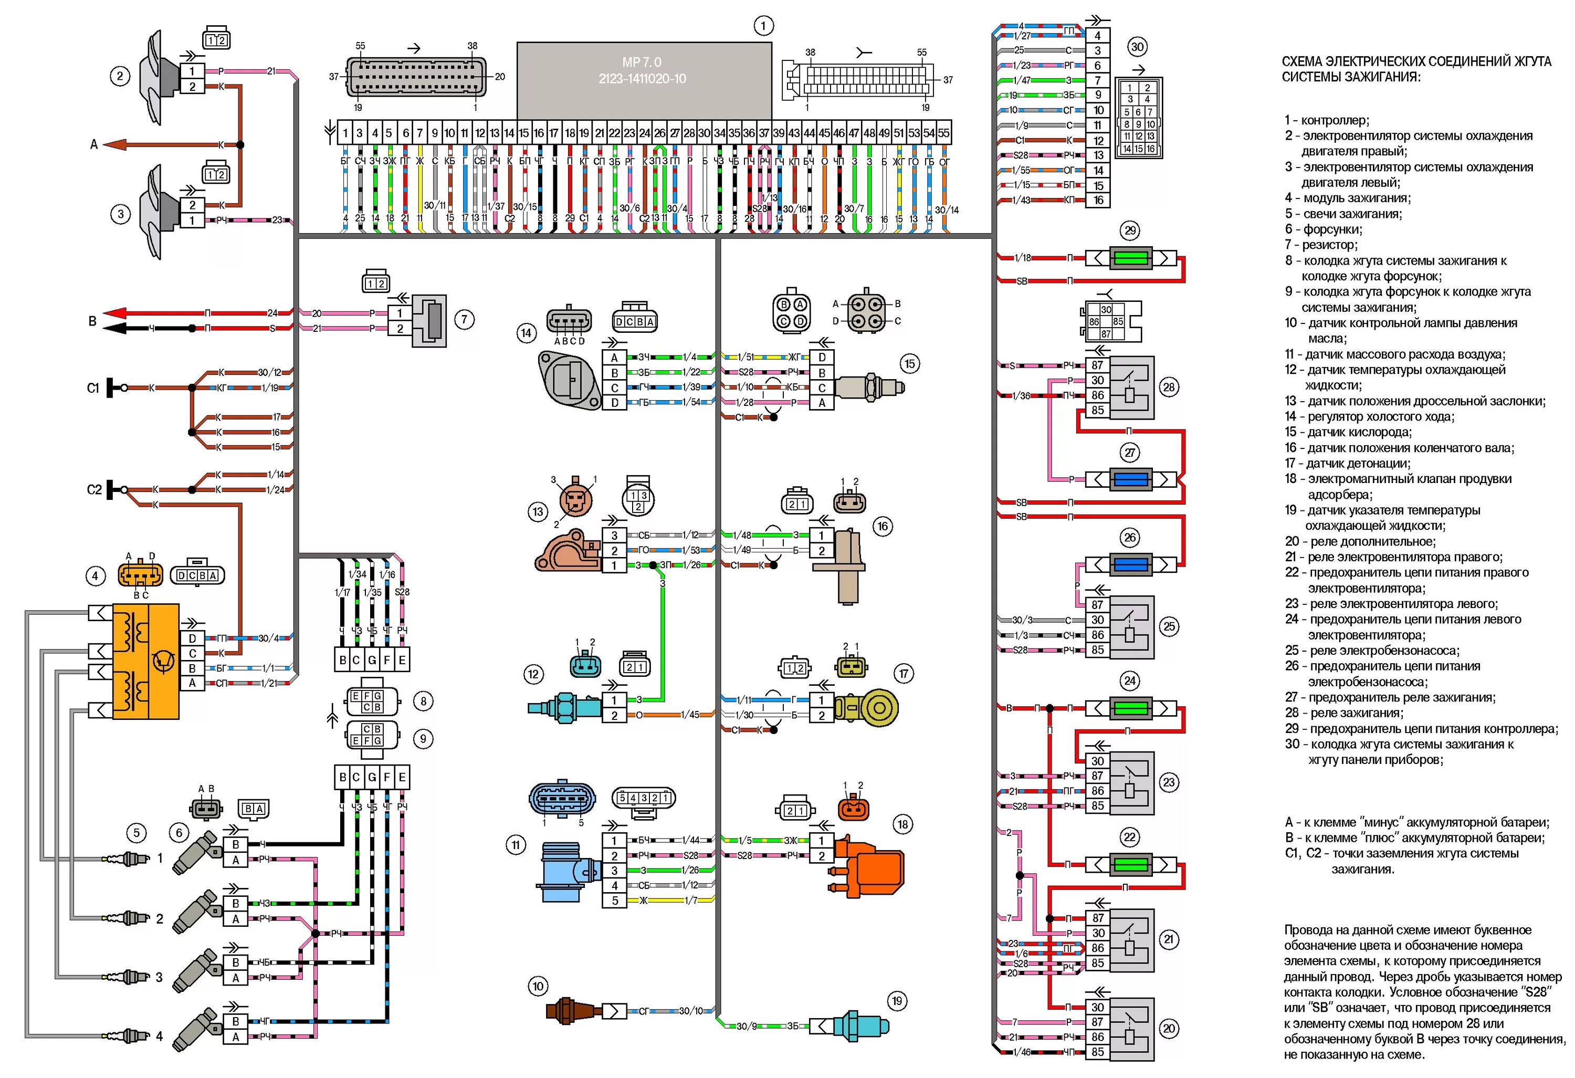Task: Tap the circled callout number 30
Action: (x=1137, y=47)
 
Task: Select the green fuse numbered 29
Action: (x=1130, y=258)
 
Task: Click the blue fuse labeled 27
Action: (x=1130, y=479)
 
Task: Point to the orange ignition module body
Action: (x=146, y=661)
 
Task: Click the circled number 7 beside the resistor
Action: (x=464, y=319)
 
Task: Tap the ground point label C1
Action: (x=93, y=388)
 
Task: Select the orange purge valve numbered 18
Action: (x=871, y=866)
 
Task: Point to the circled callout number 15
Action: (x=909, y=364)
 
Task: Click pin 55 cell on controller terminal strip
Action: (x=943, y=133)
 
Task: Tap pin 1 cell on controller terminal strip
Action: (x=345, y=133)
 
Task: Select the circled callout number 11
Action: (x=516, y=845)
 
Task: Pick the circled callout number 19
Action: (x=897, y=1001)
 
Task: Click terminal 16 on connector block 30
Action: (x=1098, y=200)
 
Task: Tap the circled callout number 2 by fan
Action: (x=120, y=75)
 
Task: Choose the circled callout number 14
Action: (x=526, y=333)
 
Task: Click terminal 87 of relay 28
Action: (x=1098, y=365)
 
